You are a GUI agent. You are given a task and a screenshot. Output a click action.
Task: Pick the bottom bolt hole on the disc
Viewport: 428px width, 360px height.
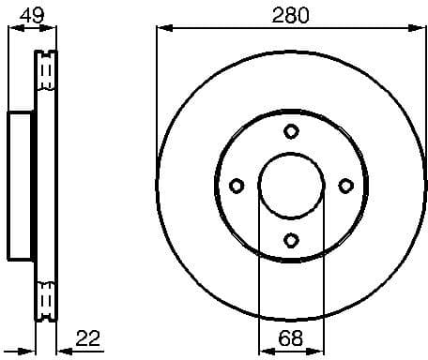click(291, 238)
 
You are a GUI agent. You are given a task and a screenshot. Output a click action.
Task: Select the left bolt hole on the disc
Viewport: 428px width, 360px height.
click(237, 184)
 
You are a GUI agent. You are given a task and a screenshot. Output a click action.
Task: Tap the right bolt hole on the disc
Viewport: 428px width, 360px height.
click(344, 184)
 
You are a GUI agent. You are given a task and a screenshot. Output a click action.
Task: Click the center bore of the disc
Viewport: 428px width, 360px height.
click(291, 184)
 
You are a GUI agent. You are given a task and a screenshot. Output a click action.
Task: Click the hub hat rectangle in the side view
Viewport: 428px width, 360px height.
click(22, 184)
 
